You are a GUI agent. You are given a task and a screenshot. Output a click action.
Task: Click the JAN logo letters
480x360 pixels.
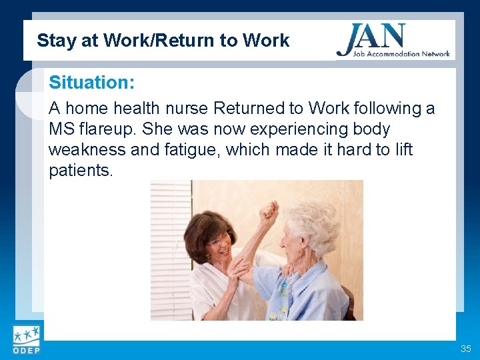click(371, 37)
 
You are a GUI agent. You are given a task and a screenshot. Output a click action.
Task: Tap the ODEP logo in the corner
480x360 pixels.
click(26, 340)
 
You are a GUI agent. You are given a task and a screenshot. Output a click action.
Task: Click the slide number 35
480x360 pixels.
click(465, 349)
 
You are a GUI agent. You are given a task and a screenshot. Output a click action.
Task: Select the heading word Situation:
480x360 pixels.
click(92, 83)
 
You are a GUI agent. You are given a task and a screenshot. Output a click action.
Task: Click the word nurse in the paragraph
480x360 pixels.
click(193, 109)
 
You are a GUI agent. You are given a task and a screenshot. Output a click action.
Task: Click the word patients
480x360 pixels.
click(81, 170)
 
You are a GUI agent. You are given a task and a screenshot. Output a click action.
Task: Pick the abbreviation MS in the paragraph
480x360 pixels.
click(61, 129)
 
